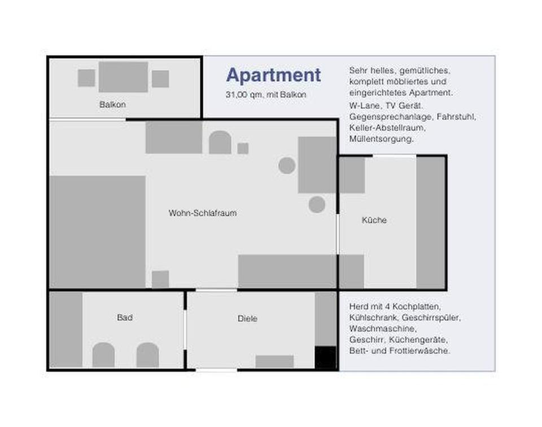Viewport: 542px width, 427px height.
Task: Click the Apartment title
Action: (x=273, y=76)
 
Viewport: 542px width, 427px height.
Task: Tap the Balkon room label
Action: (x=112, y=104)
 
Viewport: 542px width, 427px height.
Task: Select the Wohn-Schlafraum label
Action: (x=203, y=213)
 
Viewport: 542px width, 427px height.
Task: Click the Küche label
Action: (x=374, y=220)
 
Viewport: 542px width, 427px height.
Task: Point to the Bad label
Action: (x=124, y=317)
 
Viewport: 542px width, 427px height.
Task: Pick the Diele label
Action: (x=247, y=318)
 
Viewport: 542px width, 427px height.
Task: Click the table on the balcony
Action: (x=123, y=77)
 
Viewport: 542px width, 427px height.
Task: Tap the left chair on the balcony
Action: (x=86, y=78)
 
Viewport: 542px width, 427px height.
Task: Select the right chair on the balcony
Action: (x=160, y=79)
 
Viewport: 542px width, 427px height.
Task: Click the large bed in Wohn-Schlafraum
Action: (x=98, y=232)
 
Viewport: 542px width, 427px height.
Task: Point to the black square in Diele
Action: (x=325, y=358)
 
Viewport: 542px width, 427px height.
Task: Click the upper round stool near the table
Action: (x=287, y=165)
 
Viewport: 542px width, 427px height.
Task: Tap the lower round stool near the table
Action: (x=317, y=205)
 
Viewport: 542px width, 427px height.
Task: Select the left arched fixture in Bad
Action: (x=103, y=355)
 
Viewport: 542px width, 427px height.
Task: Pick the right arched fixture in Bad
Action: (x=147, y=355)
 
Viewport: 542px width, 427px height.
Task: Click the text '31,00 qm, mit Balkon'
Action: (x=266, y=95)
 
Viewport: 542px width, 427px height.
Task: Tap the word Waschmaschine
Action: (x=383, y=328)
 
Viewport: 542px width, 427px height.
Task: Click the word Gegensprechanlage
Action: (x=390, y=117)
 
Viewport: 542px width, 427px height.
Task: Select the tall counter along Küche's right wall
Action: (x=430, y=222)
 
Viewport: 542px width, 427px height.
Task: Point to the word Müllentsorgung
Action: (x=381, y=139)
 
